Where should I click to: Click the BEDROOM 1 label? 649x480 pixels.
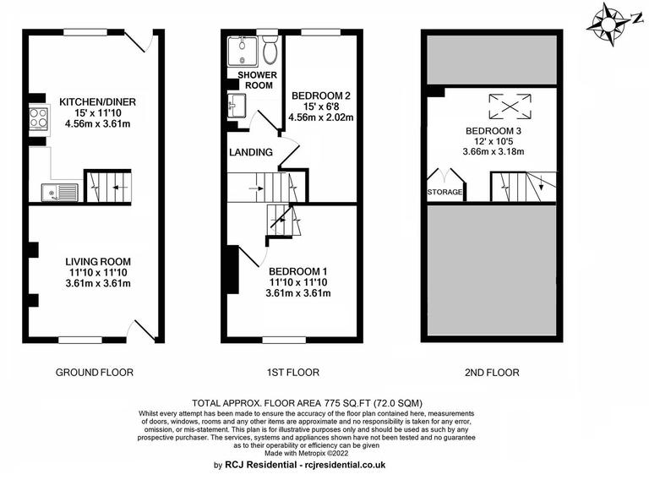pyautogui.click(x=297, y=270)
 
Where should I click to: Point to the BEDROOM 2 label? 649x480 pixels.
pyautogui.click(x=321, y=95)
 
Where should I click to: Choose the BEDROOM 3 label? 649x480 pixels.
pyautogui.click(x=493, y=131)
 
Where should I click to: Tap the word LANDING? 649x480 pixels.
pyautogui.click(x=251, y=153)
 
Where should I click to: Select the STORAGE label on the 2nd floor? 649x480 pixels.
pyautogui.click(x=444, y=193)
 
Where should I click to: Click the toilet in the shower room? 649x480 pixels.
pyautogui.click(x=270, y=51)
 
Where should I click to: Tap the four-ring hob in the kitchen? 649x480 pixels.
pyautogui.click(x=39, y=120)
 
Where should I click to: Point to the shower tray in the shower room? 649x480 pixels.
pyautogui.click(x=243, y=50)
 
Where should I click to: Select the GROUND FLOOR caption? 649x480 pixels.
pyautogui.click(x=94, y=372)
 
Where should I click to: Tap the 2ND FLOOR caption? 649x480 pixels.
pyautogui.click(x=491, y=372)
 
